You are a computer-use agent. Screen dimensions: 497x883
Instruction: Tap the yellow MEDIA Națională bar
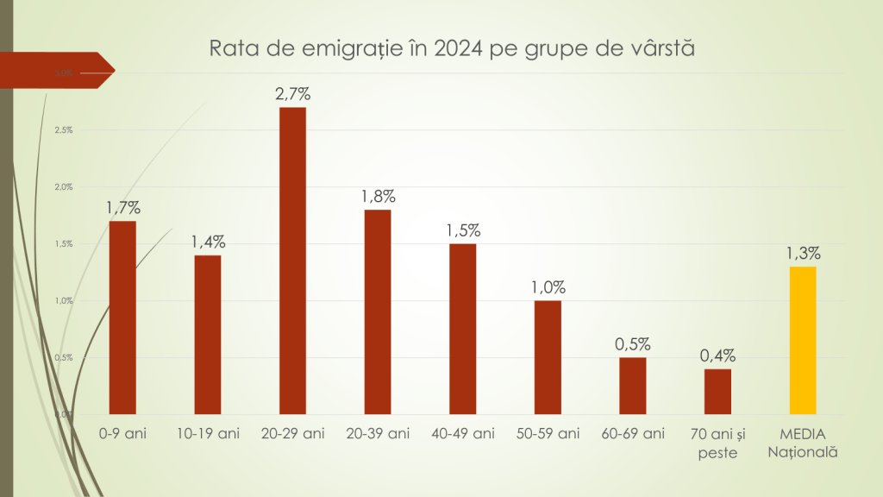[x=802, y=340]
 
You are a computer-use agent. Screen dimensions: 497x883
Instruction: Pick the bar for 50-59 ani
[x=548, y=357]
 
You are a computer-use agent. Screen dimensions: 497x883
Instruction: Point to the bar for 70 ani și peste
[x=717, y=392]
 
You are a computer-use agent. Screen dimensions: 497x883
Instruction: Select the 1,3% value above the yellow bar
[x=802, y=254]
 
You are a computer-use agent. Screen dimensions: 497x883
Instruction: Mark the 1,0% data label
[x=548, y=287]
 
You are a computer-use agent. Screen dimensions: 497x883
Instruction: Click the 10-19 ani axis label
[x=207, y=433]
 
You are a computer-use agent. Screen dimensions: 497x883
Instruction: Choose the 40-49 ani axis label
[x=462, y=433]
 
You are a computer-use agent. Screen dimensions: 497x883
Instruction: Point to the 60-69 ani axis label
[x=632, y=433]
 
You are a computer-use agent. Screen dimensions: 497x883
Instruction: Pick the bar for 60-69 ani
[x=632, y=386]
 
